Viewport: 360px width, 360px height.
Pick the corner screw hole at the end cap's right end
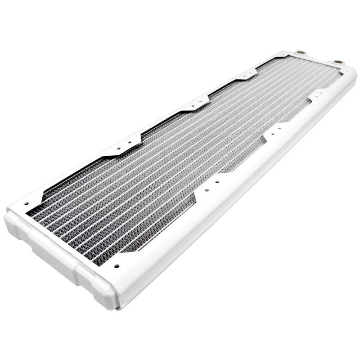(x=117, y=265)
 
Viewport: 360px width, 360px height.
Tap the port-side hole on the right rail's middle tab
(x=279, y=128)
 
